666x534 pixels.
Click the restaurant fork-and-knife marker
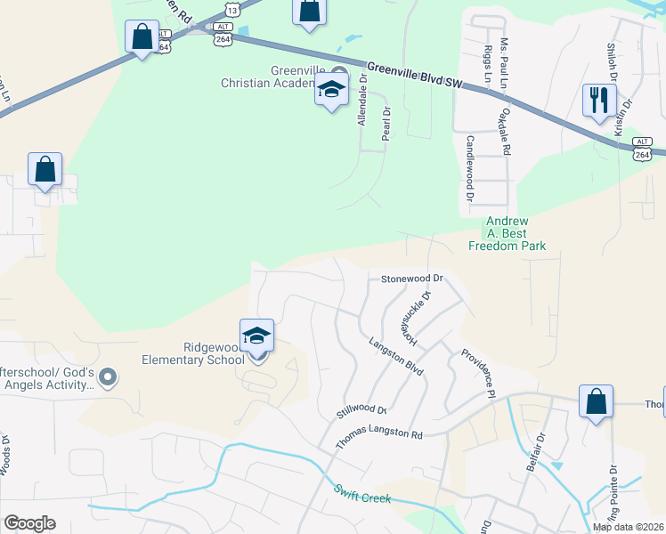pyautogui.click(x=599, y=99)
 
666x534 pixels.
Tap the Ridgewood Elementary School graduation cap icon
pyautogui.click(x=256, y=336)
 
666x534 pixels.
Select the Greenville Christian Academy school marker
pyautogui.click(x=331, y=90)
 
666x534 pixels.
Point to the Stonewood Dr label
pyautogui.click(x=411, y=279)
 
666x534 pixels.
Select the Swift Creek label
pyautogui.click(x=361, y=493)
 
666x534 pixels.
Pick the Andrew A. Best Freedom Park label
pyautogui.click(x=515, y=233)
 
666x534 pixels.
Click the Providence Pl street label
pyautogui.click(x=477, y=371)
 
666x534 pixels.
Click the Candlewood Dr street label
pyautogui.click(x=469, y=167)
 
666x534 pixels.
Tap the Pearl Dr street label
pyautogui.click(x=386, y=125)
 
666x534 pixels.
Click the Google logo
pyautogui.click(x=29, y=523)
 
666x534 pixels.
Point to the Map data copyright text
pyautogui.click(x=628, y=527)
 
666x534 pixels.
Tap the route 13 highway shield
pyautogui.click(x=232, y=10)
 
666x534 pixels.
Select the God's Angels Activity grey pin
pyautogui.click(x=109, y=377)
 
